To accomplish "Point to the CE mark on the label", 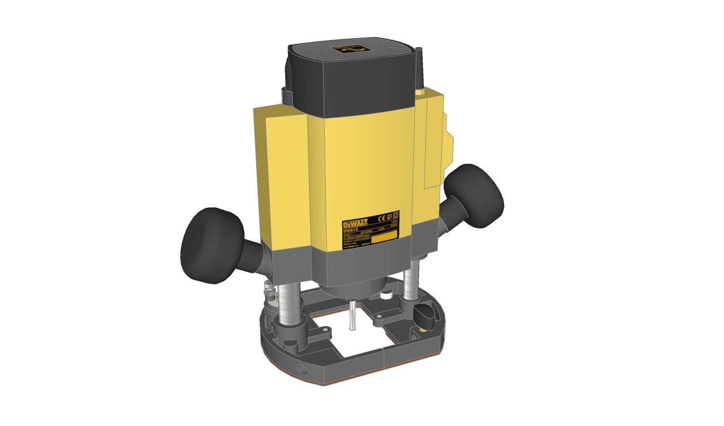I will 379,216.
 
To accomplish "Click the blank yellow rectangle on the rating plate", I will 384,236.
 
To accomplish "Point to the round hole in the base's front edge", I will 303,371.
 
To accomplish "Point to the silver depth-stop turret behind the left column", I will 268,293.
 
